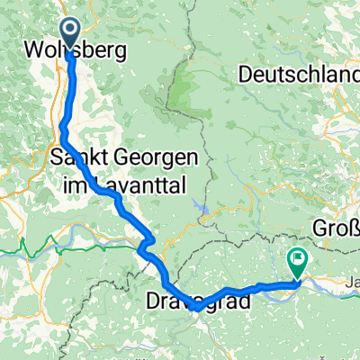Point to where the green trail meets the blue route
[x=144, y=241]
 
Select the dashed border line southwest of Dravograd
[x=162, y=315]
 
